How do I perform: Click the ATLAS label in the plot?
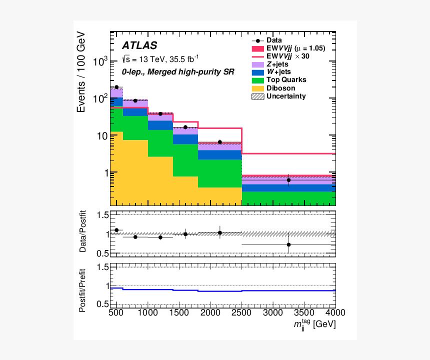[x=139, y=45]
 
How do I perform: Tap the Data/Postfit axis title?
[x=82, y=234]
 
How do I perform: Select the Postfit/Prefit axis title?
[x=82, y=286]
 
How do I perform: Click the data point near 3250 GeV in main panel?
[x=288, y=180]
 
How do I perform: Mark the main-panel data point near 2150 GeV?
[x=219, y=142]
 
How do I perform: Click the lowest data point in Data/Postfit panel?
[x=288, y=244]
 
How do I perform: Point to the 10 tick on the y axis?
[x=101, y=135]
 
